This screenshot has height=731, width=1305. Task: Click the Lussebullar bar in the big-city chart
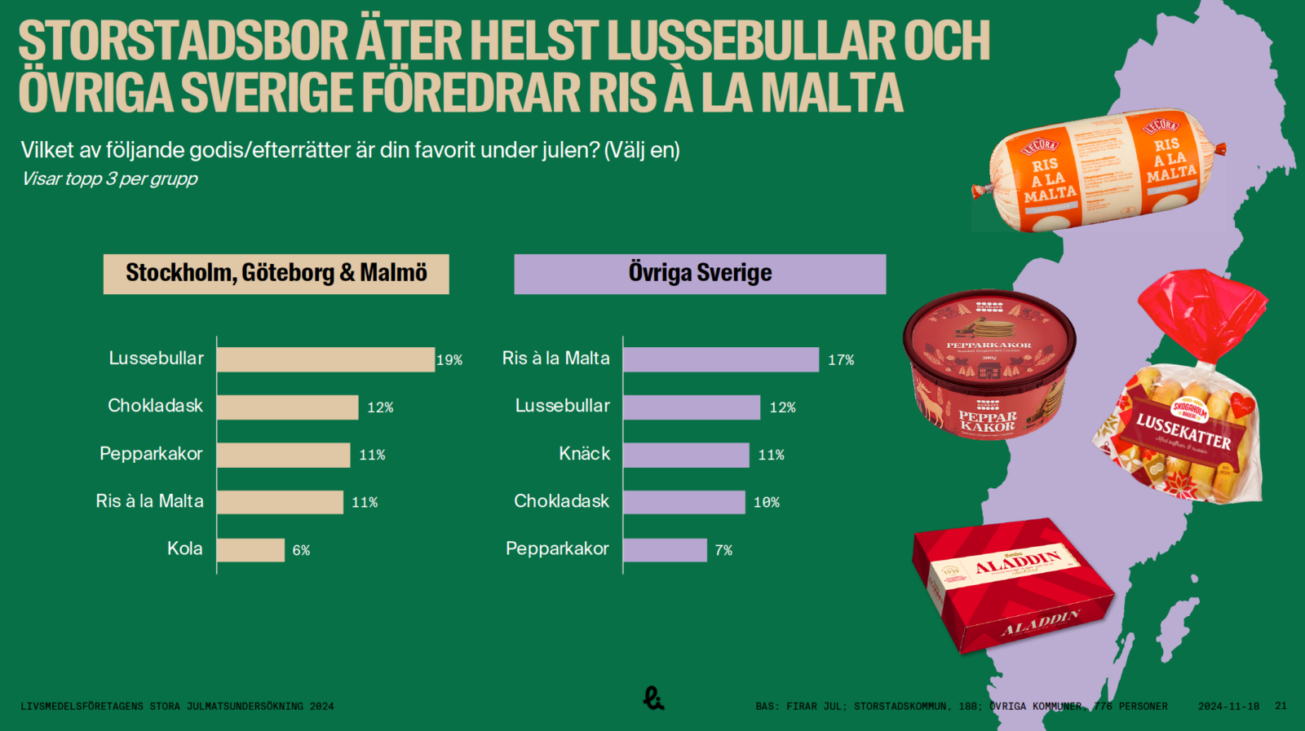coord(325,359)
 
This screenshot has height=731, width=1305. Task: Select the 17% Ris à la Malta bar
coord(721,359)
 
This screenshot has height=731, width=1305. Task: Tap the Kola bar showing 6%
coord(250,550)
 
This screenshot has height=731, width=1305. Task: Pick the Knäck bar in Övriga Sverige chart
coord(686,455)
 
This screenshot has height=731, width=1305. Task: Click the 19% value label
coord(449,360)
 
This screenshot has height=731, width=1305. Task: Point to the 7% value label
coord(723,551)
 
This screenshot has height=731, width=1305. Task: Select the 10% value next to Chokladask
coord(767,503)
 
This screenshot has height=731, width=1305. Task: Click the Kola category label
coord(185,548)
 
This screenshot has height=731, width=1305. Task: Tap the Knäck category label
coord(584,454)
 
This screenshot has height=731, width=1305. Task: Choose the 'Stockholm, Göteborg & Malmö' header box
coord(276,274)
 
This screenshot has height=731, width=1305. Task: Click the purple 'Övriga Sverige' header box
coord(700,274)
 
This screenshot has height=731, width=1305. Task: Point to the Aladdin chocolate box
coord(1011,588)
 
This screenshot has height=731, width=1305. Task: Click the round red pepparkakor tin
coord(989,363)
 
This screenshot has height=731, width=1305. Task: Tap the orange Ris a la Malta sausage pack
coord(1098,170)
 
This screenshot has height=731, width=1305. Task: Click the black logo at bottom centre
coord(653,698)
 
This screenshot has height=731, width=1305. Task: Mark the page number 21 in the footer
coord(1281,707)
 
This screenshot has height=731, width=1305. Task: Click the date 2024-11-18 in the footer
coord(1228,707)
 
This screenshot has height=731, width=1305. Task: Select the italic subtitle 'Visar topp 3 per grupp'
coord(109,179)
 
